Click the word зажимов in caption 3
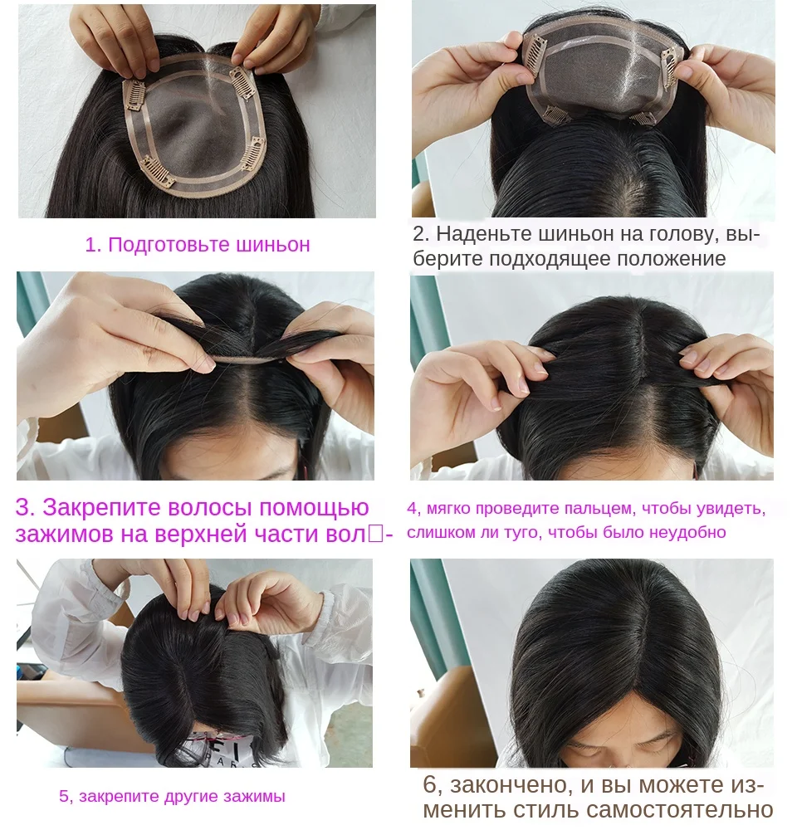pos(63,534)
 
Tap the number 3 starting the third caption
pos(23,507)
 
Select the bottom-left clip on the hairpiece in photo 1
pos(156,173)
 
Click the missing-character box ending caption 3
pos(375,534)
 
